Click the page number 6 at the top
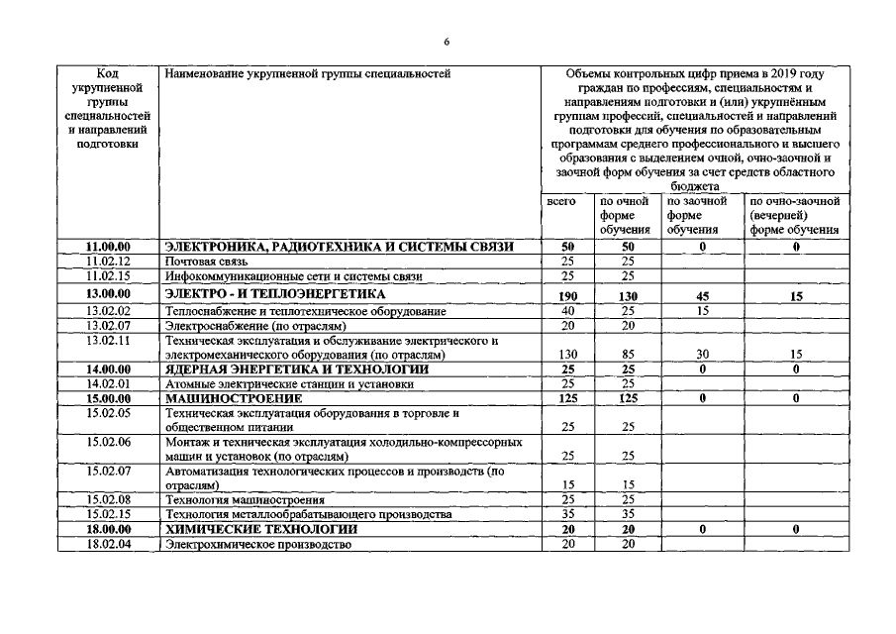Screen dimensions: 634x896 coord(447,41)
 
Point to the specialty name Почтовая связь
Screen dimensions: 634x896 coord(207,261)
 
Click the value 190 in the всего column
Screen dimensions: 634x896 coord(567,294)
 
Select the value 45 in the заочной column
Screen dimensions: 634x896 coord(701,294)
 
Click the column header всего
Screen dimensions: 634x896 coord(560,201)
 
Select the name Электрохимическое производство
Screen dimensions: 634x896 coord(258,546)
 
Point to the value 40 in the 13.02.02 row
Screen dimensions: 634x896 coord(567,311)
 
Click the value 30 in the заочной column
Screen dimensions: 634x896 coord(701,355)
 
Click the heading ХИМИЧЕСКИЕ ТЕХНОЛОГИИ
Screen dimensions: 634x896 coord(260,530)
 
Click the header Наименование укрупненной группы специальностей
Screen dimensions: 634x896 coord(307,73)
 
